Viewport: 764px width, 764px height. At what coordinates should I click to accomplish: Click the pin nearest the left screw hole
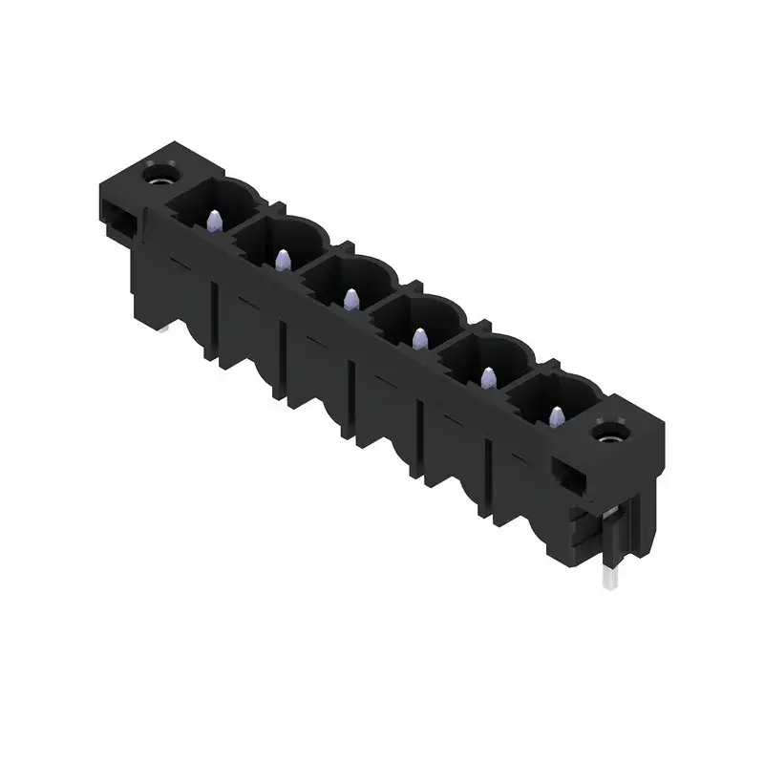[x=213, y=223]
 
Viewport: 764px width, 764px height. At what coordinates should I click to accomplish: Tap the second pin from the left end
[x=282, y=260]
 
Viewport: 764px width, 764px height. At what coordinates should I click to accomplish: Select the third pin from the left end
[x=350, y=298]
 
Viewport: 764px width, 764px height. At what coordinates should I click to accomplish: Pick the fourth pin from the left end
[x=419, y=337]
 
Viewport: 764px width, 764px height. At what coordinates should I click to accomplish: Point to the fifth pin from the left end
[x=488, y=377]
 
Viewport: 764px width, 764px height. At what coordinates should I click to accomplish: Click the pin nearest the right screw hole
[x=557, y=415]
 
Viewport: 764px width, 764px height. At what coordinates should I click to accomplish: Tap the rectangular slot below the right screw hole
[x=571, y=475]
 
